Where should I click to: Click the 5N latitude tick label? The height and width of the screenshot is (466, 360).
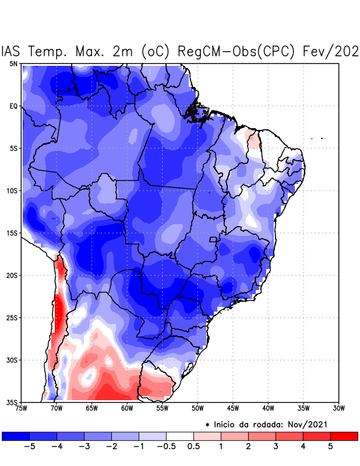(x=13, y=63)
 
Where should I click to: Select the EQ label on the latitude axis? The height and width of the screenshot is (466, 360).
(x=13, y=106)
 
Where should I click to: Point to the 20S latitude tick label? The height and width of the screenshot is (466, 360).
(x=12, y=275)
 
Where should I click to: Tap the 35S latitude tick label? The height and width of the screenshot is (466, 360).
(x=12, y=402)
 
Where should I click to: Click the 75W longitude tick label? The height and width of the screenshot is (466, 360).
(x=22, y=408)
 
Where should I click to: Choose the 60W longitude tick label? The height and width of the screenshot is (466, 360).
(x=127, y=408)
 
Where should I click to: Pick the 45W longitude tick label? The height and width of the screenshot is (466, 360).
(x=233, y=408)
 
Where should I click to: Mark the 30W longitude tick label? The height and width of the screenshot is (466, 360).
(x=338, y=408)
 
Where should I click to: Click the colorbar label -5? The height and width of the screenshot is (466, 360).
(x=29, y=447)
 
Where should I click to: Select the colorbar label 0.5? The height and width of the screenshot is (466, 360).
(x=193, y=447)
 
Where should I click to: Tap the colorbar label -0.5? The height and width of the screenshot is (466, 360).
(x=166, y=447)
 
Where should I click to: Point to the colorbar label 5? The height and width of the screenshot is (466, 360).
(x=330, y=447)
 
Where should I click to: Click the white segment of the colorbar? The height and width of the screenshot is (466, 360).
(x=180, y=436)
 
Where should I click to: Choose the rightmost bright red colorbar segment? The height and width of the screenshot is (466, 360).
(x=344, y=436)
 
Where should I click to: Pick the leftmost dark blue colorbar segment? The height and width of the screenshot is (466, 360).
(x=16, y=436)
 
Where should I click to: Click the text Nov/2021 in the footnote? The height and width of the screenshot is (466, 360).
(x=313, y=425)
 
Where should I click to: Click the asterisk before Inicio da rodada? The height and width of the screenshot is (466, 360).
(x=207, y=425)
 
